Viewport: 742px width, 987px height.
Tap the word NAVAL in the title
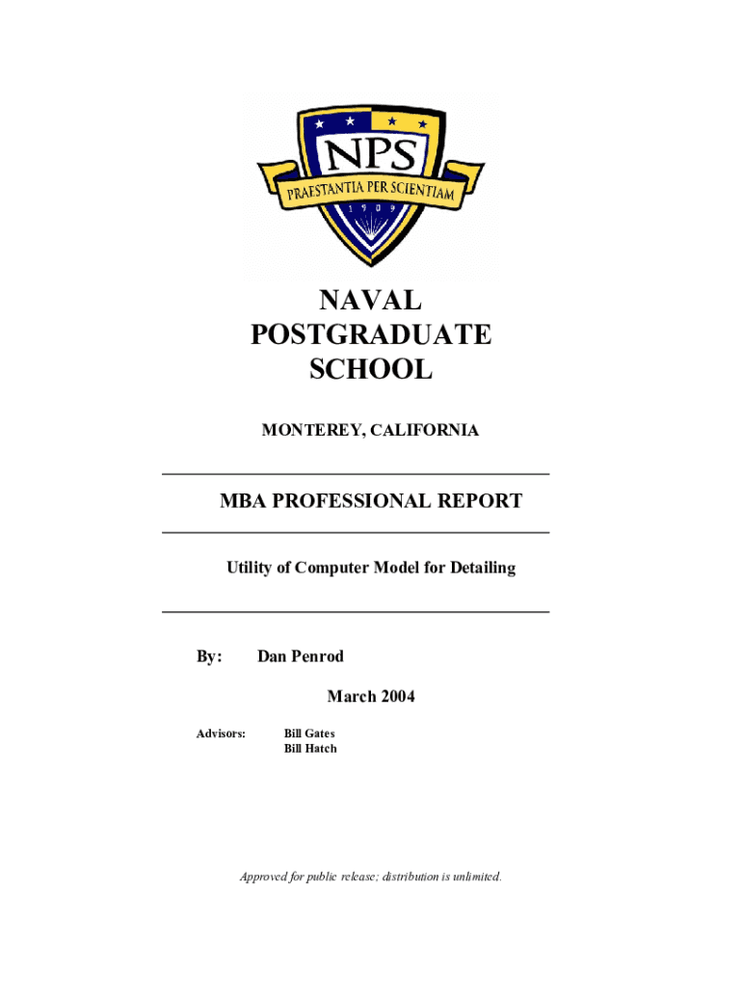click(371, 301)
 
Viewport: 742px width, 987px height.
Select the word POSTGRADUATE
click(371, 334)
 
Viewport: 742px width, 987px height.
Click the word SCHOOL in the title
click(371, 368)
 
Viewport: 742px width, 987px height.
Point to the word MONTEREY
click(309, 431)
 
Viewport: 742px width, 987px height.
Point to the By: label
click(210, 656)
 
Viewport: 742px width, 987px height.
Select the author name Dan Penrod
click(301, 656)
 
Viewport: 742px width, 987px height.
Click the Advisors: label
click(222, 734)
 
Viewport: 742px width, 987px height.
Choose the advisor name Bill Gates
click(309, 734)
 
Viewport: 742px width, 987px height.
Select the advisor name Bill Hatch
click(310, 749)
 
